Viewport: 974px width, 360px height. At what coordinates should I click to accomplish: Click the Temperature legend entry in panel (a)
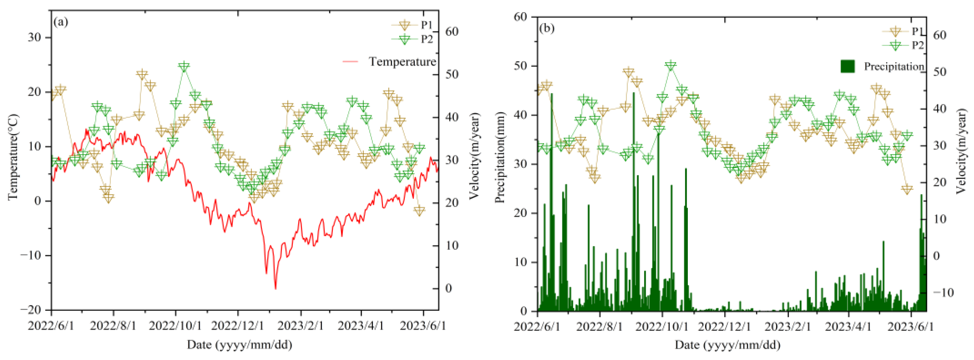[x=402, y=61]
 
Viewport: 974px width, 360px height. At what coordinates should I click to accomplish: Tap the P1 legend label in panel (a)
[x=427, y=25]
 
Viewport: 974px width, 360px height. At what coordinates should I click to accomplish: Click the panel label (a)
[x=61, y=22]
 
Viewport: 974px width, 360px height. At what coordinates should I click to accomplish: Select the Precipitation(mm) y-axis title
[x=500, y=157]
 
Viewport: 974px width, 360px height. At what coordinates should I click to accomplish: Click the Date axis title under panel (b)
[x=727, y=345]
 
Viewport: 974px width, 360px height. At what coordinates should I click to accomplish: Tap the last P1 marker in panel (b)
[x=907, y=189]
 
